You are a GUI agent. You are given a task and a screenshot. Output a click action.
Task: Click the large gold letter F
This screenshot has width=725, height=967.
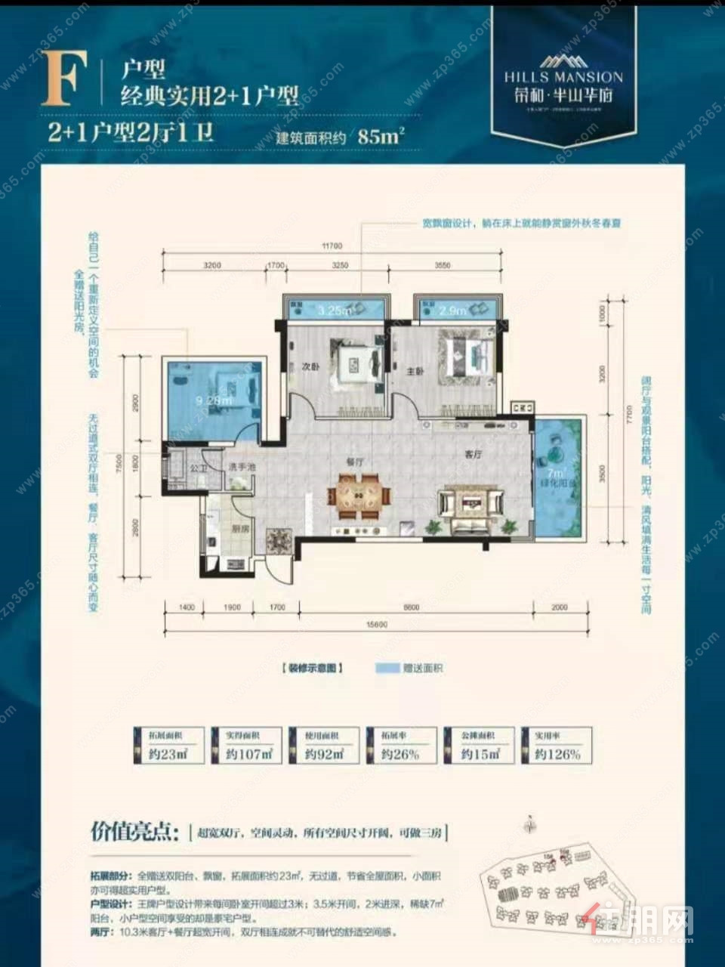click(61, 78)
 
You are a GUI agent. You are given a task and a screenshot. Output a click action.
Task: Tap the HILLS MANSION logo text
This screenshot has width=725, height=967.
click(563, 76)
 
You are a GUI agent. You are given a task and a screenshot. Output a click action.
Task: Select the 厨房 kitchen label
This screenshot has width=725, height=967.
click(241, 530)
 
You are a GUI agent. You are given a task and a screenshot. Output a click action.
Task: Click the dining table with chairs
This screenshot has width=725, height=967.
click(359, 496)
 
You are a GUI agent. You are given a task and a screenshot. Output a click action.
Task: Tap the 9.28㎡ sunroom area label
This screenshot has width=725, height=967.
click(212, 400)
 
